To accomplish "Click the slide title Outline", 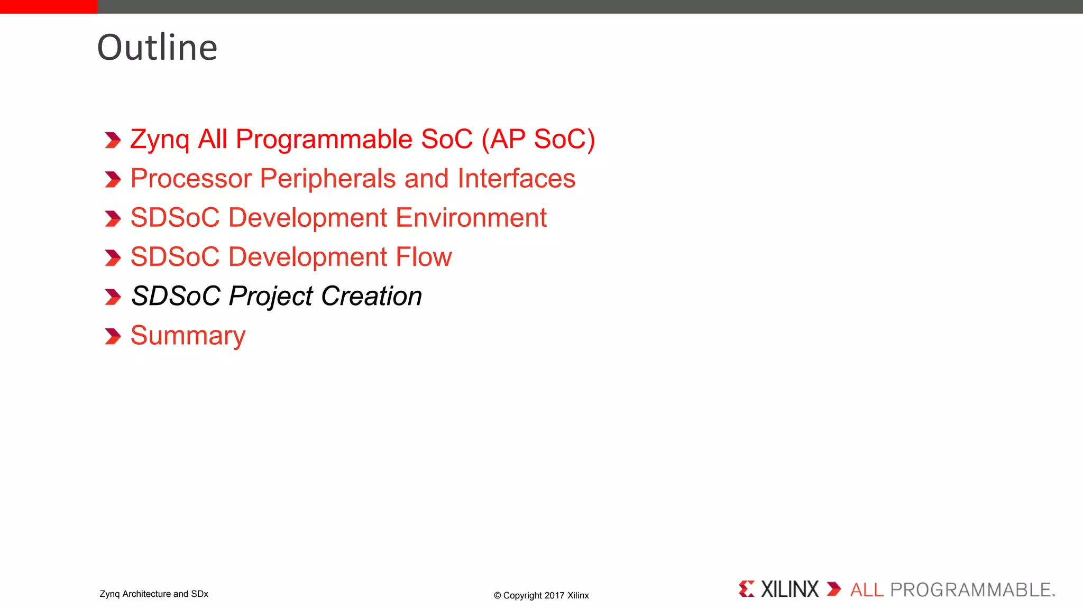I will click(157, 48).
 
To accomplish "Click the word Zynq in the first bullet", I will click(159, 140).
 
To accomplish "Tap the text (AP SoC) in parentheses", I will click(538, 140).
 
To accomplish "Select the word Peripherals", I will click(327, 179).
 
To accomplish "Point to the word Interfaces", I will click(516, 179).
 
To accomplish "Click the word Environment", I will click(471, 218).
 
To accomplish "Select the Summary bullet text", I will click(188, 336).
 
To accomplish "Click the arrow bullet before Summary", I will click(113, 336).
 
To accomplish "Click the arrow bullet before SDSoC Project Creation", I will click(113, 297).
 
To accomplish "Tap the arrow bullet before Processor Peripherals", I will click(113, 180).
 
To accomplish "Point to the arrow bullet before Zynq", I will click(113, 141).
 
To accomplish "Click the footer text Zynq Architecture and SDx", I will click(154, 594).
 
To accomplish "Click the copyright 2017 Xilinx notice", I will click(541, 595).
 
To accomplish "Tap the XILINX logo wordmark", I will click(789, 589).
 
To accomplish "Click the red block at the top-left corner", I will click(49, 6).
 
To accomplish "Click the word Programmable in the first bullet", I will click(324, 140).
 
